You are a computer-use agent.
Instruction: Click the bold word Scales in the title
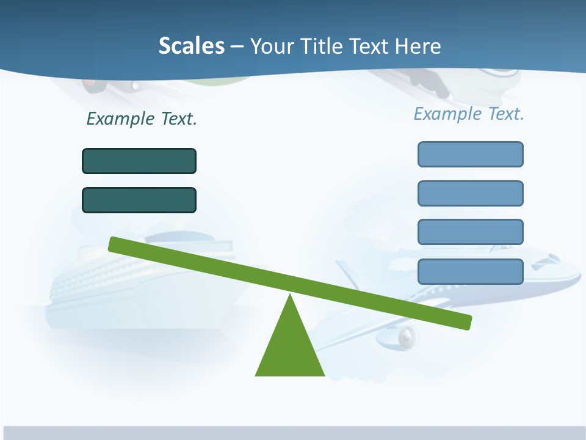[191, 46]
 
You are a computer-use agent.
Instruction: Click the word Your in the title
[273, 46]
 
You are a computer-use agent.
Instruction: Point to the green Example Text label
[142, 119]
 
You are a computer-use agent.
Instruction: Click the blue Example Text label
[469, 114]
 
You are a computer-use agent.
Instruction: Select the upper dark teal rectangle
[139, 161]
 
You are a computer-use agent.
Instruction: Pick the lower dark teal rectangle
[139, 200]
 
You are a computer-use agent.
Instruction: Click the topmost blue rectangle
[471, 154]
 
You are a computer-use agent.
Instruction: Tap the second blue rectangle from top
[471, 193]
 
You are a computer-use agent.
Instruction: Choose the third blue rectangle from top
[471, 232]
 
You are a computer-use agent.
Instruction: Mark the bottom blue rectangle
[471, 271]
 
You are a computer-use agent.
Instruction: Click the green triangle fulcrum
[290, 348]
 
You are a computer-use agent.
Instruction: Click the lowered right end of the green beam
[466, 322]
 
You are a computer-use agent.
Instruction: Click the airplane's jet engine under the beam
[408, 335]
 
